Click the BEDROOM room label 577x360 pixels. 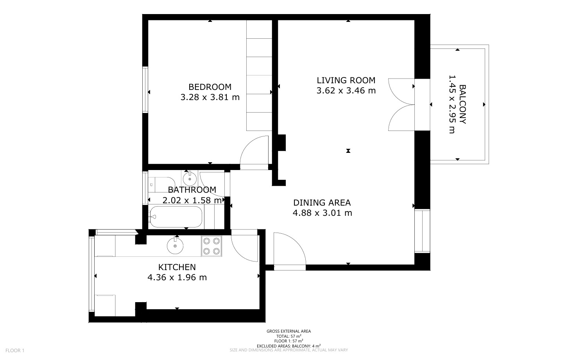[210, 87]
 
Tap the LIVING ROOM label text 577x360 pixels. [346, 81]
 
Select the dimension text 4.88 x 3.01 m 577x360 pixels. [322, 213]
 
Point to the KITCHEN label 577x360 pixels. [177, 267]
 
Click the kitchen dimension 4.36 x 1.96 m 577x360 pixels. [177, 278]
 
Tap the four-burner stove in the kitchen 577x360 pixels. [211, 246]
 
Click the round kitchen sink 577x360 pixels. [175, 245]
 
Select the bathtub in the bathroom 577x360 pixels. [176, 217]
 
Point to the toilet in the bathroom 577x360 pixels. [161, 184]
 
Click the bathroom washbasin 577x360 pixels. [190, 178]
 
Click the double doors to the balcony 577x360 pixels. [401, 104]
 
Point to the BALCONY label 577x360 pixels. [462, 104]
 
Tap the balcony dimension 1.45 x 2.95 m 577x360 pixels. [452, 104]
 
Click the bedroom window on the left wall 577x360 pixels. [145, 90]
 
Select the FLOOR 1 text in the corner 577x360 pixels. [15, 351]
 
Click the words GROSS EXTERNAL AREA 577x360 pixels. [289, 331]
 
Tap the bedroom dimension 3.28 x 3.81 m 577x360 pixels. [210, 97]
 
